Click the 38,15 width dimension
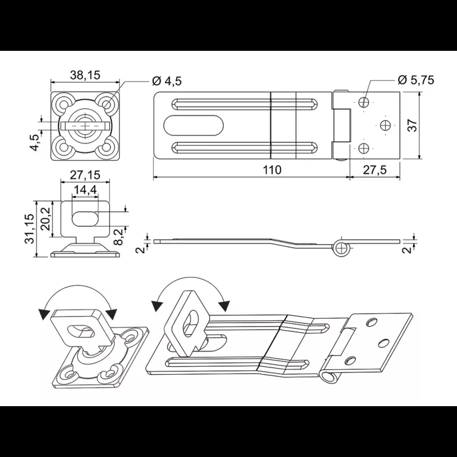click(85, 74)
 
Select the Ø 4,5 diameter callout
click(167, 81)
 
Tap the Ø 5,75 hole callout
click(415, 80)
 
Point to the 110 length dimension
click(272, 169)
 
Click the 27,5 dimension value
click(375, 169)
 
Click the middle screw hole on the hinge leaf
click(387, 125)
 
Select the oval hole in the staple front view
click(85, 217)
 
